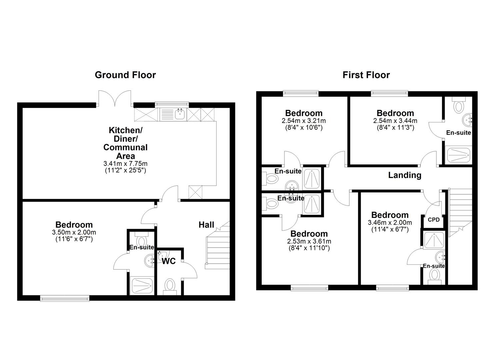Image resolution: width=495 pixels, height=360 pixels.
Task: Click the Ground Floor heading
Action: (x=125, y=75)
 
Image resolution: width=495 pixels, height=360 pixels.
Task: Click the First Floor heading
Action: (x=366, y=75)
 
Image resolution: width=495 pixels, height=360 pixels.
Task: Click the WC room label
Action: (x=169, y=261)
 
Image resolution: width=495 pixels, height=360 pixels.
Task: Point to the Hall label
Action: (x=206, y=225)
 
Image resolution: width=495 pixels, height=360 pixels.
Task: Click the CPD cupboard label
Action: (x=433, y=220)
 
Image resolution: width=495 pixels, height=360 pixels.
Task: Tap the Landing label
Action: (x=405, y=175)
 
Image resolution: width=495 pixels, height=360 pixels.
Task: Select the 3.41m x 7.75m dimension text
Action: (x=125, y=164)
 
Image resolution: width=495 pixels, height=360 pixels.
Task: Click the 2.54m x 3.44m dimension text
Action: (x=395, y=121)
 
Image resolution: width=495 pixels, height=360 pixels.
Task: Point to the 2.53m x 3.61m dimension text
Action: (x=309, y=241)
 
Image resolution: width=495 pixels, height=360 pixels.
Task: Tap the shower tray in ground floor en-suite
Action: (x=142, y=285)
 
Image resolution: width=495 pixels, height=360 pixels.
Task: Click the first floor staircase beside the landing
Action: (x=460, y=212)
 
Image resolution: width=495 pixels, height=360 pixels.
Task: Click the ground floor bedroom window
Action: (x=65, y=298)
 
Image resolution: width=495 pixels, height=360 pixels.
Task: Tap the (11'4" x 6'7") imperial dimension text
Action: (x=390, y=229)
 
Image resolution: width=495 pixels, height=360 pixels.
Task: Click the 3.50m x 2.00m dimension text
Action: (x=74, y=232)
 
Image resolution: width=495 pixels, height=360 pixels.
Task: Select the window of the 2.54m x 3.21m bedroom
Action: (x=301, y=93)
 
